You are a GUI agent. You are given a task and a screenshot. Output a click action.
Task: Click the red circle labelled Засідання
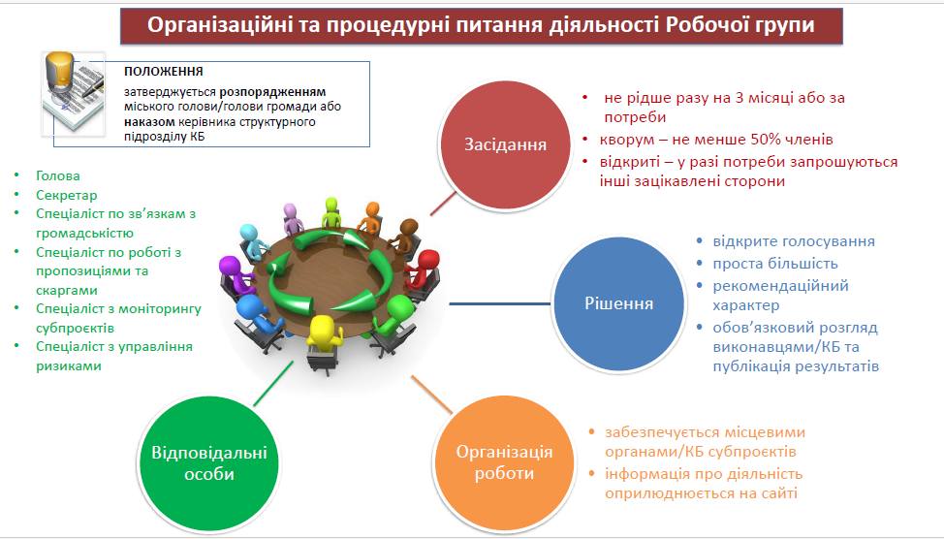click(505, 145)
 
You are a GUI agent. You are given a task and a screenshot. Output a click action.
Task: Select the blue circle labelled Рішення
click(618, 302)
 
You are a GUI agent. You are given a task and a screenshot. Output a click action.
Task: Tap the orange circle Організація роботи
click(504, 462)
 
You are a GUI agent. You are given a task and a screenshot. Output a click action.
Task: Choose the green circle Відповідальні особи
click(209, 463)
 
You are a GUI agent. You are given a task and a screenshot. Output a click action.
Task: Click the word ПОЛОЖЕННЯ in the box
click(164, 71)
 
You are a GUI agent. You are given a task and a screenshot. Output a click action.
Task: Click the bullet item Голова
click(58, 175)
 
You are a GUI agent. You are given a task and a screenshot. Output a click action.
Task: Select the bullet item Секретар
click(66, 195)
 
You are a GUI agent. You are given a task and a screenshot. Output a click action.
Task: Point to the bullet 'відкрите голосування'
click(794, 241)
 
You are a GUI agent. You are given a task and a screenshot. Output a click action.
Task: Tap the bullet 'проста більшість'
click(774, 264)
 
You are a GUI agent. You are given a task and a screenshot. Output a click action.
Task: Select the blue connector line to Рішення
click(500, 304)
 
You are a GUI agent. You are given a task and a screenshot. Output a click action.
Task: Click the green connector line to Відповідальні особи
click(273, 384)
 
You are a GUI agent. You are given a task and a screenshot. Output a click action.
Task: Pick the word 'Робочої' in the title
click(711, 25)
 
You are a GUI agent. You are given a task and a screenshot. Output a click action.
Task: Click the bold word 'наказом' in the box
click(149, 121)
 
